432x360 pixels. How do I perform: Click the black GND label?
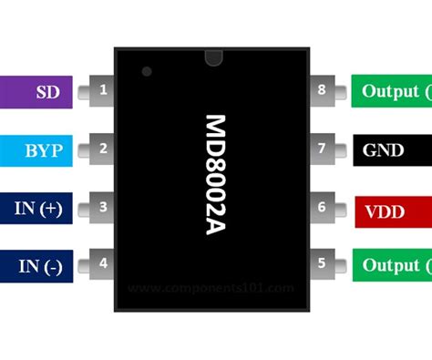(x=391, y=150)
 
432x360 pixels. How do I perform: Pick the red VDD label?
(x=391, y=209)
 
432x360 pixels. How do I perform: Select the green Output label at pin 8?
(x=391, y=92)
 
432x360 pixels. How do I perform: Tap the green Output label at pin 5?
(x=391, y=266)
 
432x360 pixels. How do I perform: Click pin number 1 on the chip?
(x=103, y=91)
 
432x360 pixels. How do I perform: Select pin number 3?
(x=103, y=207)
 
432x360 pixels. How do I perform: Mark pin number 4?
(x=103, y=265)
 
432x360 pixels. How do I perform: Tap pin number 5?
(x=321, y=265)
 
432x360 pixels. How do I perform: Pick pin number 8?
(x=321, y=91)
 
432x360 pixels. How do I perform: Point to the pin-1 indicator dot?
(x=147, y=71)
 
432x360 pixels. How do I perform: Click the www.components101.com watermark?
(x=211, y=288)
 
